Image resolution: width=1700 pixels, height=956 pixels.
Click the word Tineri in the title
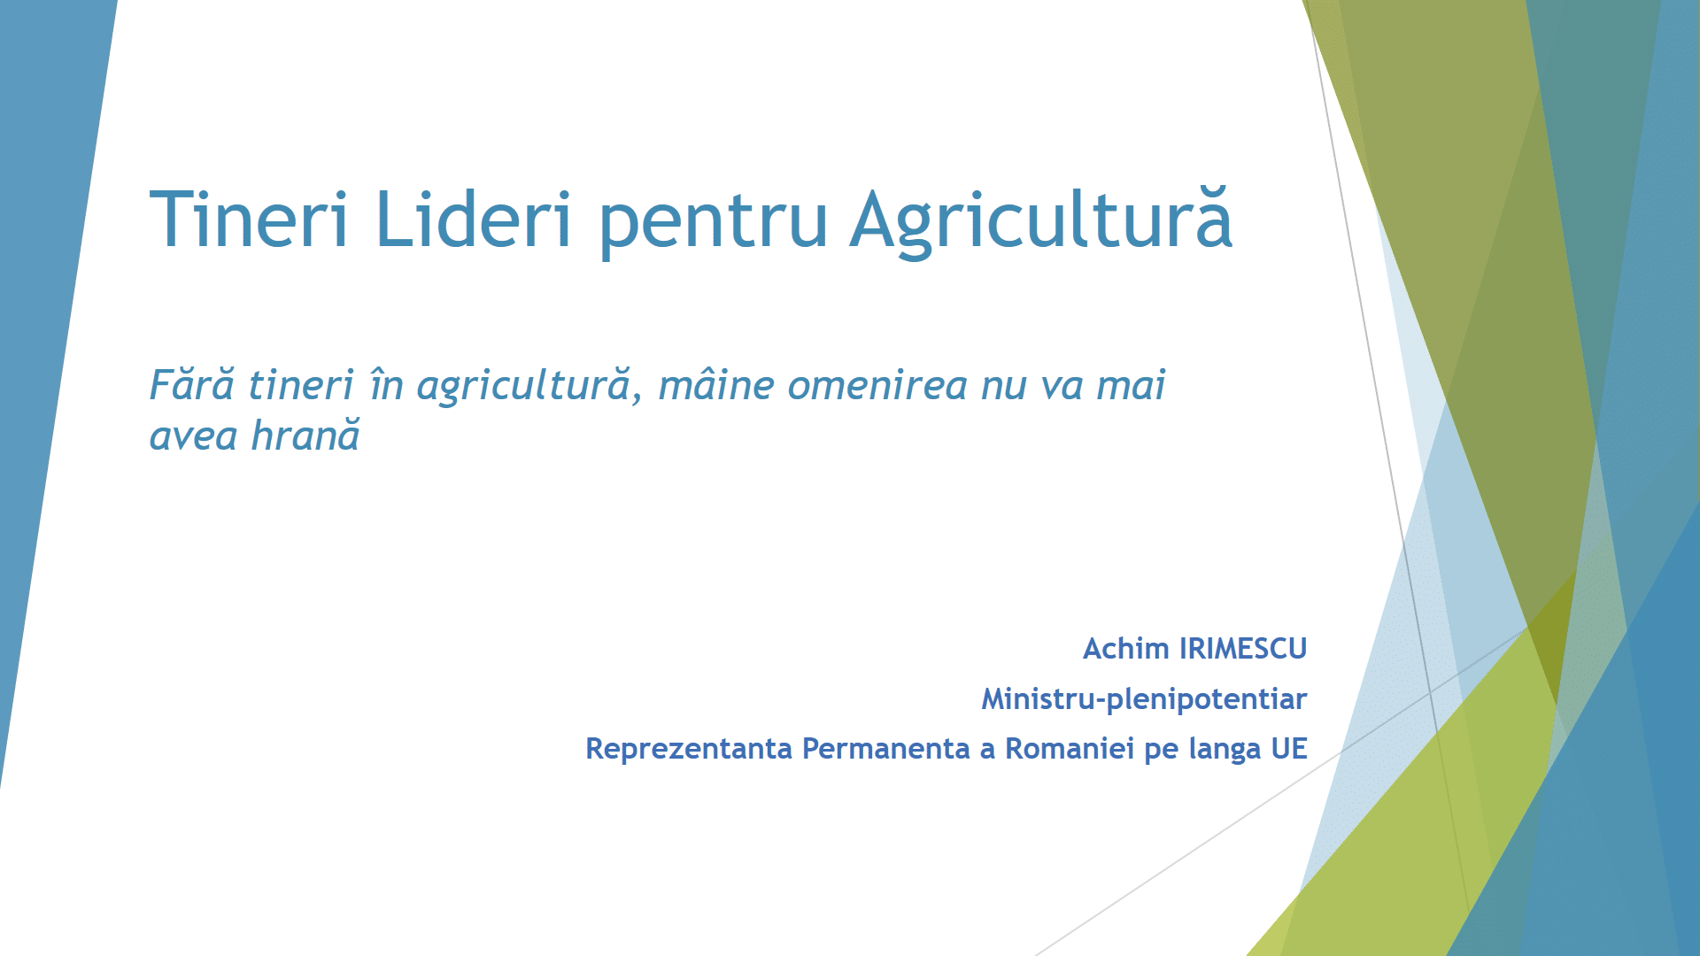pyautogui.click(x=249, y=219)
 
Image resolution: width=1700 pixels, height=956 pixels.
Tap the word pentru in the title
pyautogui.click(x=714, y=225)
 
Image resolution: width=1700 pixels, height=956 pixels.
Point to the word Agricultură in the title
pyautogui.click(x=1041, y=222)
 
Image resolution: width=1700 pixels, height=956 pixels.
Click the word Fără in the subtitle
pyautogui.click(x=192, y=385)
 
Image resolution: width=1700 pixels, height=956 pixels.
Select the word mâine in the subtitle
pyautogui.click(x=716, y=385)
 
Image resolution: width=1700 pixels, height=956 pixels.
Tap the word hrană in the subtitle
pyautogui.click(x=305, y=436)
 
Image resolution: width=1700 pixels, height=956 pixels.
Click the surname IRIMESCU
pyautogui.click(x=1243, y=649)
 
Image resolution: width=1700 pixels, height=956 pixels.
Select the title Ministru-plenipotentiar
pyautogui.click(x=1144, y=699)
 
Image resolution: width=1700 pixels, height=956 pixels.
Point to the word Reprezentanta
pyautogui.click(x=689, y=749)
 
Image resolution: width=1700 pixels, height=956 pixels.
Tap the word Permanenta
pyautogui.click(x=886, y=749)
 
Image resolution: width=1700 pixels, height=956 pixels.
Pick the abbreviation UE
pyautogui.click(x=1289, y=749)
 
